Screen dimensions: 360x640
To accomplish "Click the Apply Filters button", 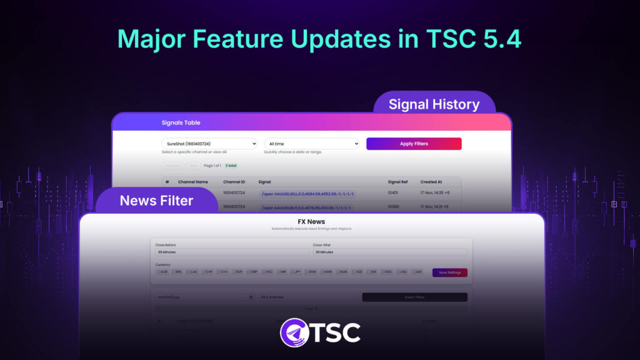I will pos(414,144).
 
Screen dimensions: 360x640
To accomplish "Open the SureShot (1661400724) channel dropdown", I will pos(209,144).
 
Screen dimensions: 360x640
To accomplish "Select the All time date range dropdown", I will pos(311,144).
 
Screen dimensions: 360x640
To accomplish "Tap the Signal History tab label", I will pos(434,104).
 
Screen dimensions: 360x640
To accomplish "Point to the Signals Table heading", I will pos(181,122).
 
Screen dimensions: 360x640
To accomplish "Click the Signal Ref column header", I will pos(398,182).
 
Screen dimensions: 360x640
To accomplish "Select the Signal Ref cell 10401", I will pos(394,193).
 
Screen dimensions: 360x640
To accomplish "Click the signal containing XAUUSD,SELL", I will pos(307,194).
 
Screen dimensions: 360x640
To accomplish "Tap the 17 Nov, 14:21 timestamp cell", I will pos(434,207).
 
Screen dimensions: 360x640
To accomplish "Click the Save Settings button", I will pos(449,272).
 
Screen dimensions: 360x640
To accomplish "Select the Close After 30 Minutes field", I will pos(389,252).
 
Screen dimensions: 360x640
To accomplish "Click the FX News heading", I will pos(311,221).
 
